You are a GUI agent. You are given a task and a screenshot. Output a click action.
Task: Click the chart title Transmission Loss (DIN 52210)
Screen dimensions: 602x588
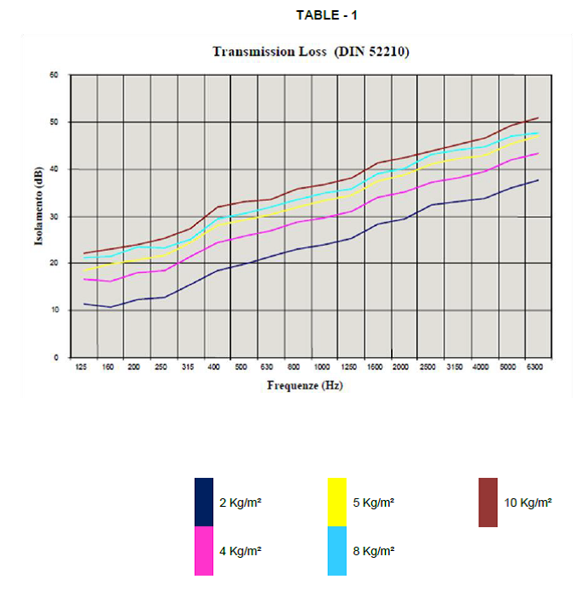point(310,53)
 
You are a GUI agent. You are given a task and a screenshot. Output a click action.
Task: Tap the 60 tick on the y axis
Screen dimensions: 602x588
point(54,75)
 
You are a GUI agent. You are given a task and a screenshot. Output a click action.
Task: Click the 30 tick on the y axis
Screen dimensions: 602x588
point(54,217)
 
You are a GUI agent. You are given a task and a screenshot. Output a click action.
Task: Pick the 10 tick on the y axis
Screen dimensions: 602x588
point(54,311)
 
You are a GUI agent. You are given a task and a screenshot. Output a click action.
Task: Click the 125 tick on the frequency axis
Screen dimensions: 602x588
point(82,366)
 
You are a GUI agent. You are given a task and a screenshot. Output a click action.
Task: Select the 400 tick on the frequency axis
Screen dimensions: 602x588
point(215,366)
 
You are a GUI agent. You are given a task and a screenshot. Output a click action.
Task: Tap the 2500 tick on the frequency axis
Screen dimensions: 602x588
point(428,366)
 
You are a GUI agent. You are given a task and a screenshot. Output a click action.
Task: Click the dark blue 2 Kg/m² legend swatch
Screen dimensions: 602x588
point(204,502)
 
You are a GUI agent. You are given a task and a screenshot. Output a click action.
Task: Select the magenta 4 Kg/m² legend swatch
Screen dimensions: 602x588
point(204,551)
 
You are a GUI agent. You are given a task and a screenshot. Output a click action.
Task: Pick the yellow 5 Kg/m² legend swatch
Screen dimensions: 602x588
point(337,502)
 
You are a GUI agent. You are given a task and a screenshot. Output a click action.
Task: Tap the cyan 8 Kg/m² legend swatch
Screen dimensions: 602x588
point(337,551)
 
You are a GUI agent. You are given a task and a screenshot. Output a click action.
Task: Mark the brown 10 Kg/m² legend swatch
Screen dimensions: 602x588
point(488,502)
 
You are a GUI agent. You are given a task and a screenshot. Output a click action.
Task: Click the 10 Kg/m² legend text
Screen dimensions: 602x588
point(528,503)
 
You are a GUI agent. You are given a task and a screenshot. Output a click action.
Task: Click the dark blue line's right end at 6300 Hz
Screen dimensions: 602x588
point(539,180)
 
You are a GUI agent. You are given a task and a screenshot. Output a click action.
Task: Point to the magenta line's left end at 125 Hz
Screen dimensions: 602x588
point(83,279)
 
